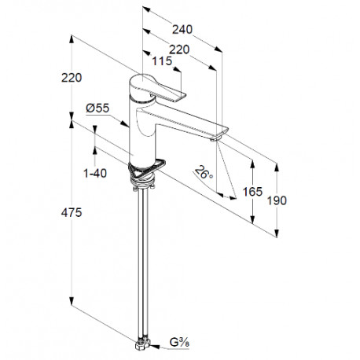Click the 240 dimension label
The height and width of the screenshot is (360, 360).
click(182, 30)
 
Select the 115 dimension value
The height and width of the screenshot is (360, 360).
click(162, 61)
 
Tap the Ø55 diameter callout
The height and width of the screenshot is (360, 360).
click(97, 108)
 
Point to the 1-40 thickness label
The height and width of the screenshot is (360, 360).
click(95, 173)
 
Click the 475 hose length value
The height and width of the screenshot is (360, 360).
click(72, 212)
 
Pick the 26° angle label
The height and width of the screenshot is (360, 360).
click(204, 172)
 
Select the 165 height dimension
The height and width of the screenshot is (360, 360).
click(252, 192)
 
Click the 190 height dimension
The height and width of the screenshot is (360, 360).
click(277, 200)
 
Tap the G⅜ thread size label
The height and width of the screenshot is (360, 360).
click(179, 342)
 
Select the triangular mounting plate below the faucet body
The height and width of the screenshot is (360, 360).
click(147, 169)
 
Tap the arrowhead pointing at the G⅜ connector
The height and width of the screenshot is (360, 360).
click(155, 347)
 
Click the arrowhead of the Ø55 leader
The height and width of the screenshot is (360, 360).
click(125, 123)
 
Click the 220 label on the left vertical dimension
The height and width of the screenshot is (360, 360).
click(72, 78)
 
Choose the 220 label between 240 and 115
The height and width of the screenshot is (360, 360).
click(179, 50)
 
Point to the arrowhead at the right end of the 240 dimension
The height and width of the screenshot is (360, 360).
click(219, 49)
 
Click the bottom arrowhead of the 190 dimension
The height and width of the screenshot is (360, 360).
click(277, 233)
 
